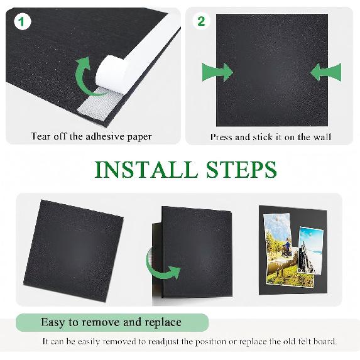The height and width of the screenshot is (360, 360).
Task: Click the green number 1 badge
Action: pyautogui.click(x=22, y=21)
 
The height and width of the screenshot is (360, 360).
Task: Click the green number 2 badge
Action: pyautogui.click(x=201, y=21)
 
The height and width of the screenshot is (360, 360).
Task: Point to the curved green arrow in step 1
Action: pyautogui.click(x=85, y=77)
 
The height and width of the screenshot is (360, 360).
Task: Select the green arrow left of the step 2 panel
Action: pyautogui.click(x=217, y=72)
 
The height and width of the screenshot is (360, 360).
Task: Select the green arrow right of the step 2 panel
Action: pyautogui.click(x=326, y=72)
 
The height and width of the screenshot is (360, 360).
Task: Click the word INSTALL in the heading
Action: pyautogui.click(x=146, y=170)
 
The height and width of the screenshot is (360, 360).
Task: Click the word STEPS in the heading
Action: pyautogui.click(x=241, y=170)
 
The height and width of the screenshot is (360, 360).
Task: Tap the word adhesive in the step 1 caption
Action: pyautogui.click(x=105, y=136)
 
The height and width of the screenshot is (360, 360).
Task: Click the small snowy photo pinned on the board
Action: pyautogui.click(x=310, y=250)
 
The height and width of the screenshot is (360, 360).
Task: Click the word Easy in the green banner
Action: pyautogui.click(x=53, y=322)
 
